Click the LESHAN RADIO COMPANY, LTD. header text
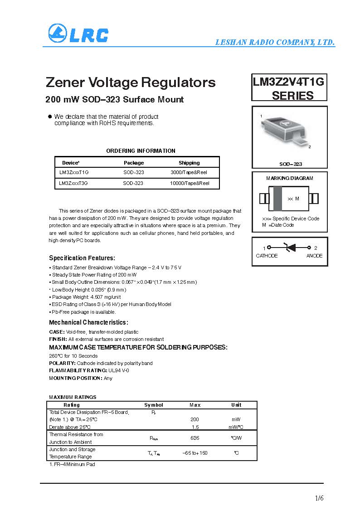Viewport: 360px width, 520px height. click(275, 43)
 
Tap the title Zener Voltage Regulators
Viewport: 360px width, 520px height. click(131, 83)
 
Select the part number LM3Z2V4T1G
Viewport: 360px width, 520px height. click(289, 82)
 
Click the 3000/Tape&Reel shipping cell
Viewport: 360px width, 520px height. click(189, 173)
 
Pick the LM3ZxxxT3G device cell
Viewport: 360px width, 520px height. click(73, 183)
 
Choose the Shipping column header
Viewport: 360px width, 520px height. click(189, 163)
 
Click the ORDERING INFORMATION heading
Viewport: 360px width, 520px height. click(141, 151)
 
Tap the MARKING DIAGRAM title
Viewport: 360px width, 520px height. click(289, 178)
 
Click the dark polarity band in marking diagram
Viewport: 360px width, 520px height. click(278, 199)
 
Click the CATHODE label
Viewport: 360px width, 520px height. click(267, 256)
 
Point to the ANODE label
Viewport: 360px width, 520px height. click(314, 256)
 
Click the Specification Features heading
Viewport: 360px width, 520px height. click(82, 258)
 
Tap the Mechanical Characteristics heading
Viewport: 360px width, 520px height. click(88, 322)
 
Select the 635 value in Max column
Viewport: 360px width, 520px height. click(195, 438)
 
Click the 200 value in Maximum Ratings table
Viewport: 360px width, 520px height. click(195, 420)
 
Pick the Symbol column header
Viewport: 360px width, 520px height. click(154, 405)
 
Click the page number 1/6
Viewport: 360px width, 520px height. click(319, 499)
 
